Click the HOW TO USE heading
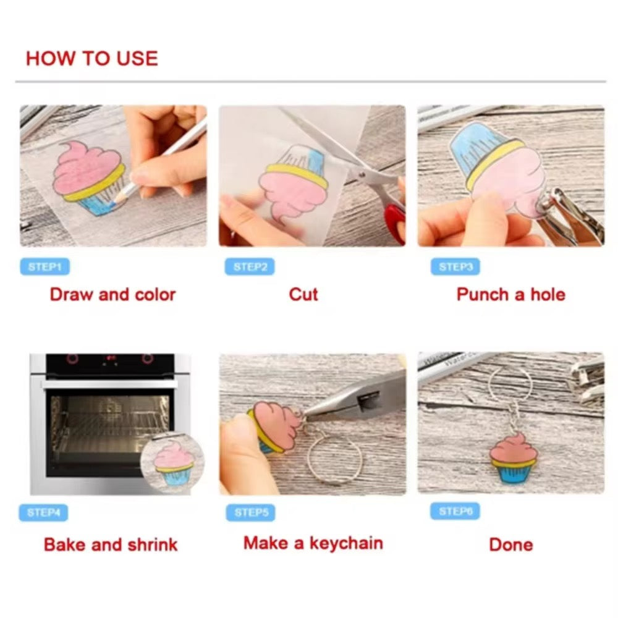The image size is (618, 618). pos(92,58)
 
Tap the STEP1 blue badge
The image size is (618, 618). pos(44,267)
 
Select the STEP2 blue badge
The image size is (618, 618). pos(250,267)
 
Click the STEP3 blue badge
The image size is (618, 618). pos(455,267)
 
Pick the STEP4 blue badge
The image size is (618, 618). pos(43,512)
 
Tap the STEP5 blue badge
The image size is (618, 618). pos(251,512)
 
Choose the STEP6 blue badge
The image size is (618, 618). pos(455,511)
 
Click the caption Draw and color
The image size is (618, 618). pos(112,294)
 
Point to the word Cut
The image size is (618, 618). pos(303,294)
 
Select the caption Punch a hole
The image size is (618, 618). pos(511,294)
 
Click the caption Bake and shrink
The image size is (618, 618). pos(111,544)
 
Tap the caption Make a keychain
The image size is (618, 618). pos(313,543)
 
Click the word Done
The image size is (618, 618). pos(511,544)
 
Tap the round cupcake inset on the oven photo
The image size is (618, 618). pos(172,463)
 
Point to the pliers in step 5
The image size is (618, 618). pos(355,396)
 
